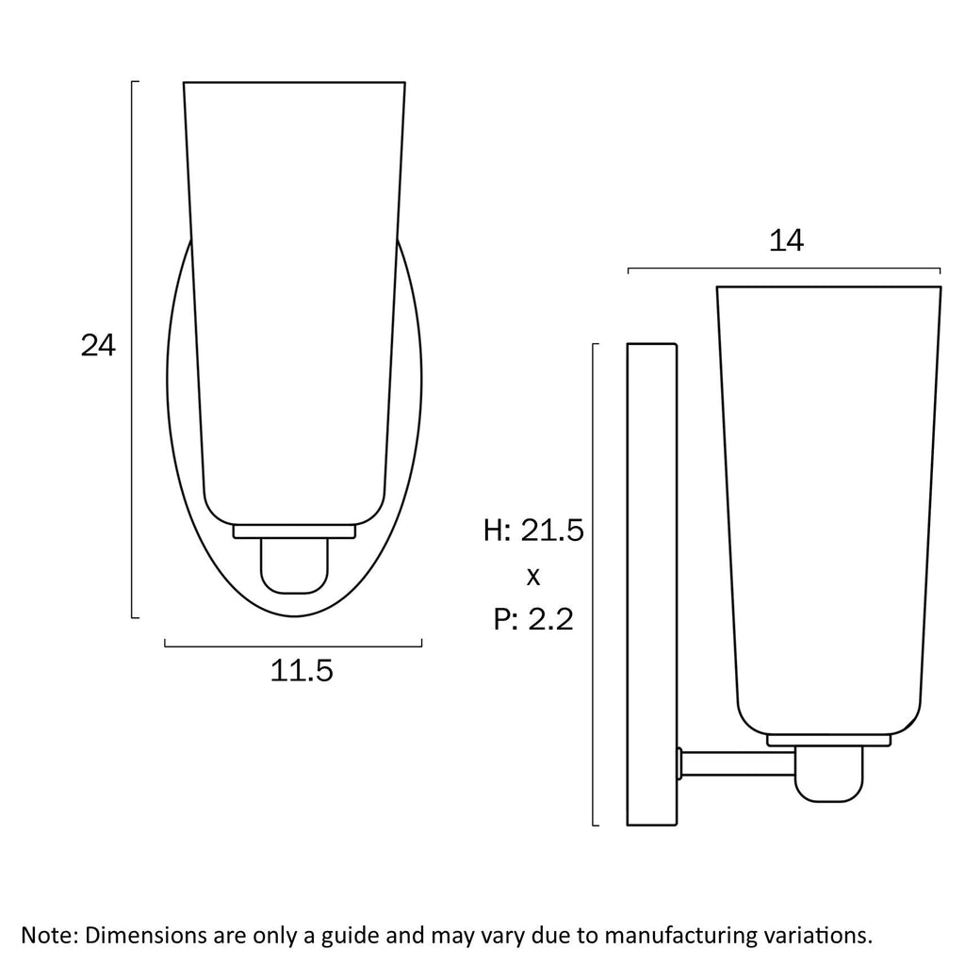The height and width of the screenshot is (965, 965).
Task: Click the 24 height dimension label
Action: tap(98, 345)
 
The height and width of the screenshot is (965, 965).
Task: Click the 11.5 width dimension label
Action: tap(302, 670)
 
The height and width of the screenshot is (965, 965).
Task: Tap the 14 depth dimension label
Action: tap(786, 240)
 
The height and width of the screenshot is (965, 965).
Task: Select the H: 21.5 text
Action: tap(533, 531)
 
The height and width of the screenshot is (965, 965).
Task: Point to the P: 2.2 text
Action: tap(533, 619)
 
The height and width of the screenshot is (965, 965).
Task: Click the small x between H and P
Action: tap(533, 577)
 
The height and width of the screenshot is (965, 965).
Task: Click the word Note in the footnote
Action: tap(50, 935)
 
